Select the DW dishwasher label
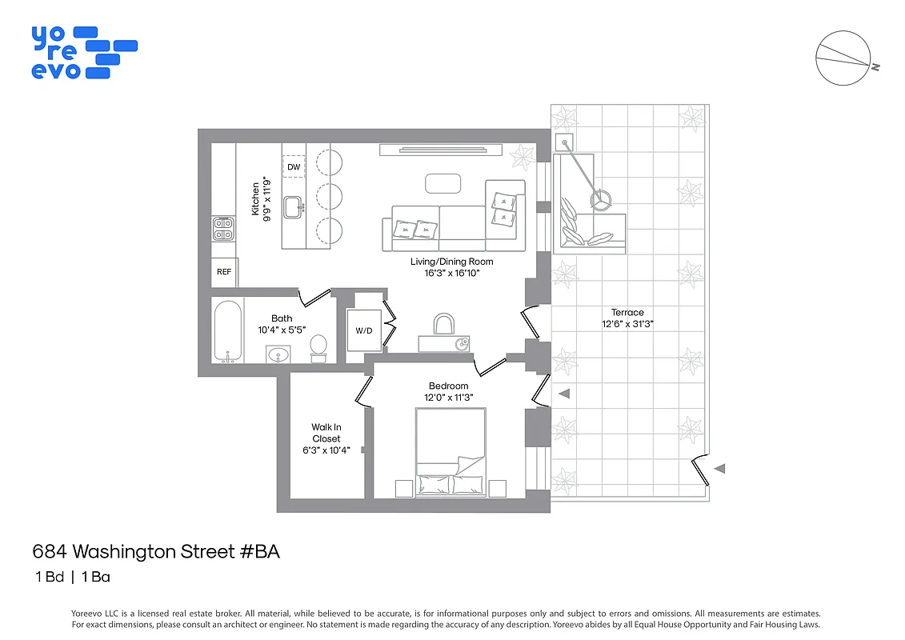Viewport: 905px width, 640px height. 294,166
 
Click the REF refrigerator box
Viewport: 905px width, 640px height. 224,272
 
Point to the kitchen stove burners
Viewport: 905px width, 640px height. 223,230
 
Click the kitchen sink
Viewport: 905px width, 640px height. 295,206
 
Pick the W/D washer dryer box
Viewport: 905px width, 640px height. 363,330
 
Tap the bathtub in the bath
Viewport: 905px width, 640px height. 228,330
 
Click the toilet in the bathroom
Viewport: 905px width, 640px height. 318,346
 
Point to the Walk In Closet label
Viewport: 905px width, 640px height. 326,433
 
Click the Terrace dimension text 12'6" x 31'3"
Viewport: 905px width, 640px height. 627,324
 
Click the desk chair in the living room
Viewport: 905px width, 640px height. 443,324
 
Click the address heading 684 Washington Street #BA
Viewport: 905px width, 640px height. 156,551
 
